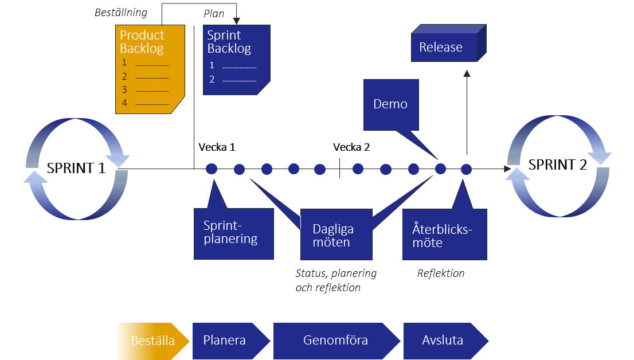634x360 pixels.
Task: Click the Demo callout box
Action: pyautogui.click(x=390, y=104)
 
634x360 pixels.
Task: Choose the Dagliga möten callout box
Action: pyautogui.click(x=336, y=235)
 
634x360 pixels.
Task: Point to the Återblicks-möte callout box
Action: pyautogui.click(x=444, y=235)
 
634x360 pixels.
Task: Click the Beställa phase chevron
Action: pyautogui.click(x=152, y=341)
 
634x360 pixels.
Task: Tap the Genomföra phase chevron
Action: pyautogui.click(x=336, y=341)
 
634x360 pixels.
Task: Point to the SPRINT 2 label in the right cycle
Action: pyautogui.click(x=558, y=165)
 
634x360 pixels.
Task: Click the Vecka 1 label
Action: pyautogui.click(x=217, y=147)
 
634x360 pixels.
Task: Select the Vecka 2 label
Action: pyautogui.click(x=351, y=147)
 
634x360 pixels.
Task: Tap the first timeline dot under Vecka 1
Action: pyautogui.click(x=212, y=169)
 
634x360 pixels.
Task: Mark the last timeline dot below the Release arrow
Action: pyautogui.click(x=466, y=169)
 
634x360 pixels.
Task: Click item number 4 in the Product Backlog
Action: pyautogui.click(x=125, y=103)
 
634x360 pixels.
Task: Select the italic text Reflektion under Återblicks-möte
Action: pyautogui.click(x=441, y=273)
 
